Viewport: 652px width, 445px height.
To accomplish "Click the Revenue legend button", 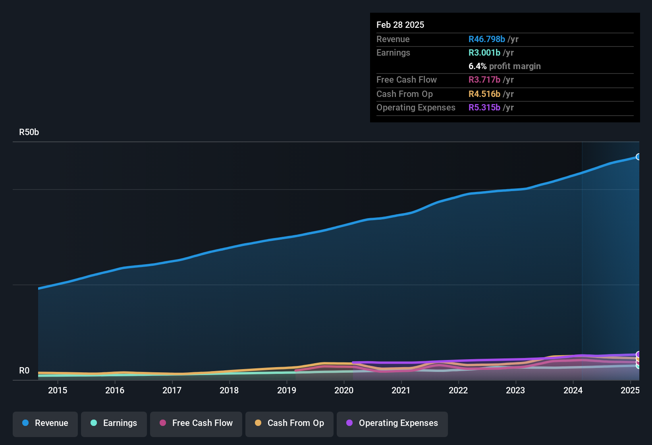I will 45,423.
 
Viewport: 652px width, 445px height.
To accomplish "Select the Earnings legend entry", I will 114,423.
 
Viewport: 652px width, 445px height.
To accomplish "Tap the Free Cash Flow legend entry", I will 196,423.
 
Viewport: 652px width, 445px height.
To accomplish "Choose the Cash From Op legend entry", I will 289,423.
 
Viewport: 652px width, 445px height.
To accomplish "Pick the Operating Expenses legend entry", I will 392,423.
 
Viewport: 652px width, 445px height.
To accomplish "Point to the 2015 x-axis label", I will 58,390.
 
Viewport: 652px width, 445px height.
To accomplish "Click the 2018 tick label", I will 229,390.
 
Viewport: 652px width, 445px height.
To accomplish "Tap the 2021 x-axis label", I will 401,390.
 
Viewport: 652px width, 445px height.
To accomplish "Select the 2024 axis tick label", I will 573,390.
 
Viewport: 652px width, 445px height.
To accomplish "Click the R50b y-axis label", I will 29,132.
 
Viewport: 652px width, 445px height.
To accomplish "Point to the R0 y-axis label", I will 24,371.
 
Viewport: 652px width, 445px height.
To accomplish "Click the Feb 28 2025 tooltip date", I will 400,25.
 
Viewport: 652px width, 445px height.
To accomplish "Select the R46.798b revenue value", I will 486,39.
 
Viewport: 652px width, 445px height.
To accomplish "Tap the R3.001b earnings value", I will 484,52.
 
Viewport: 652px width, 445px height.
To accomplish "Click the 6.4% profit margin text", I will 504,66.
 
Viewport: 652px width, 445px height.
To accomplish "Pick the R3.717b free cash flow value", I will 484,79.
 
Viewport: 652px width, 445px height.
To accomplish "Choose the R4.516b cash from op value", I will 484,94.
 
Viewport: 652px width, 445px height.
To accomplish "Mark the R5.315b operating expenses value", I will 484,107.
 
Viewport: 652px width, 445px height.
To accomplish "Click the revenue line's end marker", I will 638,157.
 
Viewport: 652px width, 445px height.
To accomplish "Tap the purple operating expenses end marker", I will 638,354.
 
